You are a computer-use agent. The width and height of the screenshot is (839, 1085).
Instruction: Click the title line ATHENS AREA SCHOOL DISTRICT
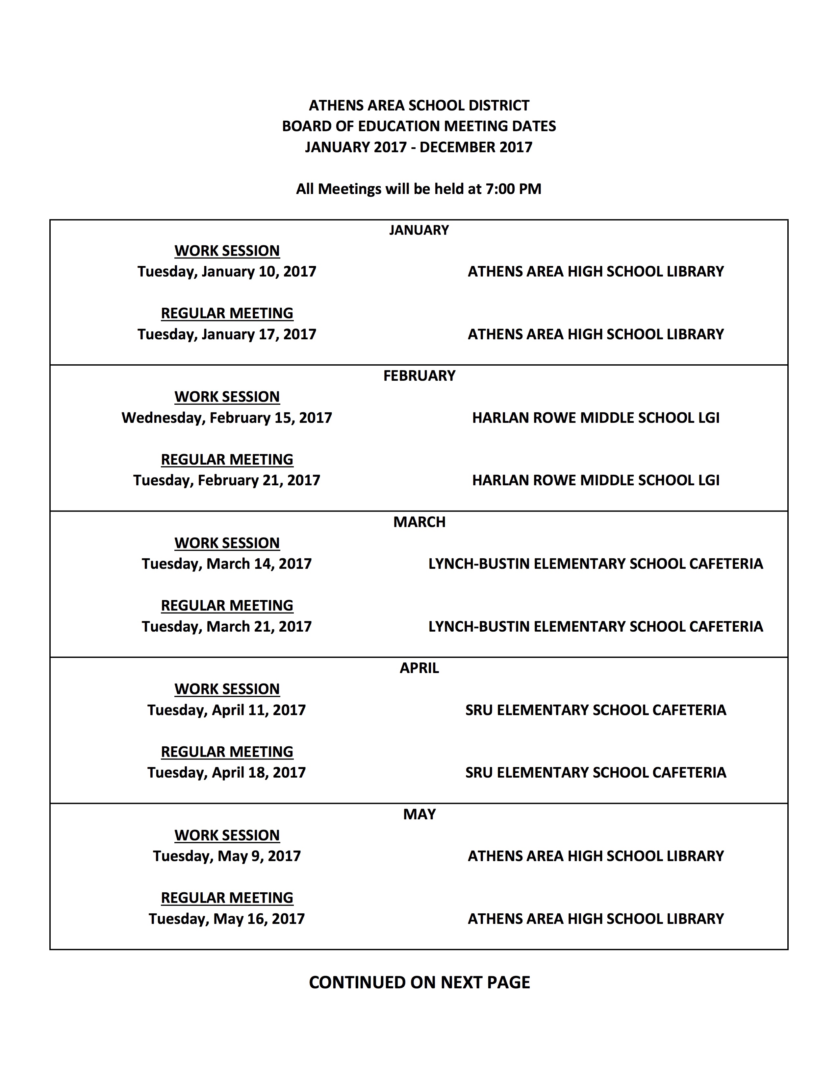click(x=419, y=105)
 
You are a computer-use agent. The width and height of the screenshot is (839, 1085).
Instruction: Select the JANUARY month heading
click(x=419, y=230)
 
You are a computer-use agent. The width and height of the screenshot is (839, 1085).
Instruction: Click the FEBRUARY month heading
click(x=419, y=375)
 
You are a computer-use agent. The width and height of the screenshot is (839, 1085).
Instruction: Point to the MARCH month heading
click(x=419, y=522)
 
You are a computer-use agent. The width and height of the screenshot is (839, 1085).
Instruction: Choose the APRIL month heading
click(x=419, y=668)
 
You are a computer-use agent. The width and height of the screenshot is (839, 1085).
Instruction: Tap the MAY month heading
click(x=419, y=814)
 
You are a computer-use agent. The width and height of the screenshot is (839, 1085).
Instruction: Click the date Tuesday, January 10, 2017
click(x=227, y=271)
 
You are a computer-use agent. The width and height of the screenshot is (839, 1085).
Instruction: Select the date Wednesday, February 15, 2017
click(x=227, y=417)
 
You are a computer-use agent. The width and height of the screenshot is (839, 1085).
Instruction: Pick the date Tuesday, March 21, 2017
click(x=227, y=626)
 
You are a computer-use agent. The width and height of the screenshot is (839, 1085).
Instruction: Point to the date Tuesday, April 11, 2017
click(x=227, y=710)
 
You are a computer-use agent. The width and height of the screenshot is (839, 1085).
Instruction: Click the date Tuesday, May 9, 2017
click(x=227, y=856)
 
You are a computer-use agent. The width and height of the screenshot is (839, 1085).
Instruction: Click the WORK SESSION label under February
click(x=227, y=397)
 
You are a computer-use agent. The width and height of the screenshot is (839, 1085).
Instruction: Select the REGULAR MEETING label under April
click(x=227, y=751)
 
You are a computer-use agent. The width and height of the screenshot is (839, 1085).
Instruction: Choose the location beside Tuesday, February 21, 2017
click(x=596, y=480)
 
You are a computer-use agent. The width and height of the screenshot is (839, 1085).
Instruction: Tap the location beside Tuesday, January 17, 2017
click(x=596, y=334)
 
